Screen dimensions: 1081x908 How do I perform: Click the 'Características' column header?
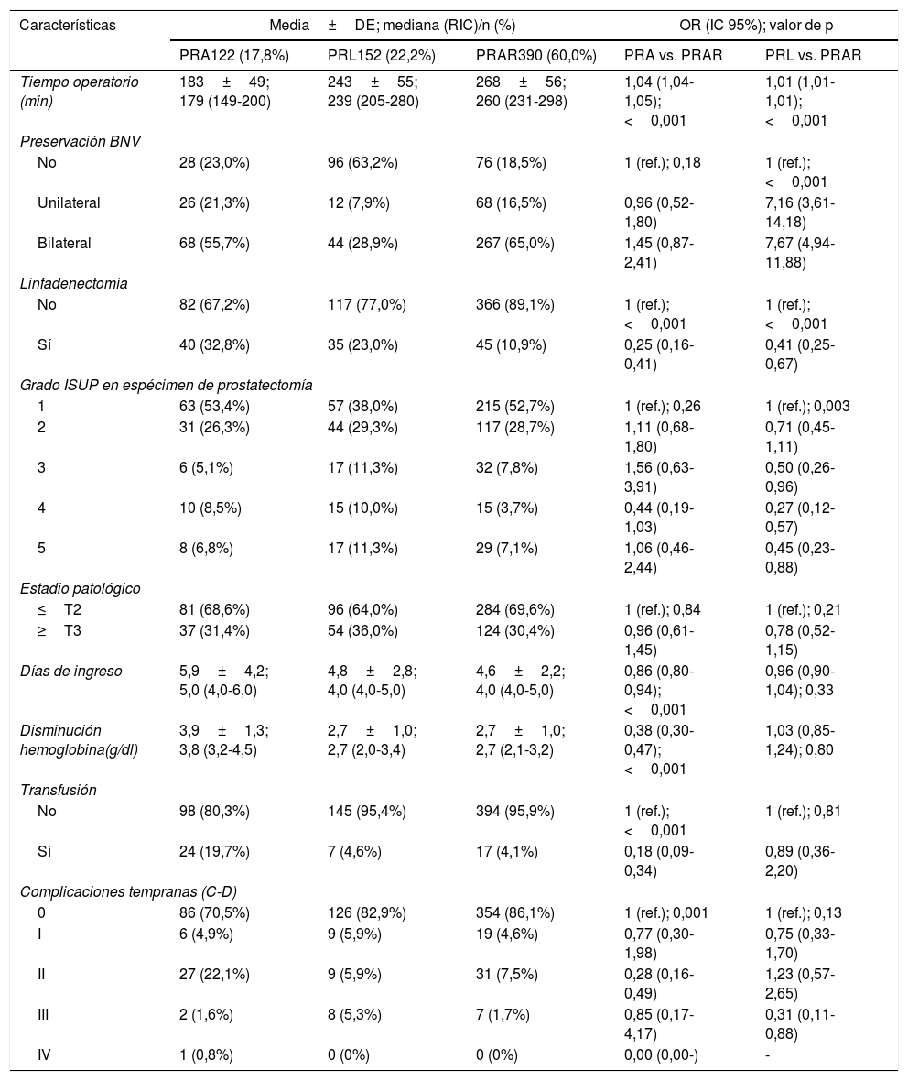[x=68, y=25]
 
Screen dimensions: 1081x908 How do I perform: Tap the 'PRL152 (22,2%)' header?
[x=381, y=55]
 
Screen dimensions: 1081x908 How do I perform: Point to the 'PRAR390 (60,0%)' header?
[x=535, y=55]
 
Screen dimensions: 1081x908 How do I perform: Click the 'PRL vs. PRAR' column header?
[x=813, y=55]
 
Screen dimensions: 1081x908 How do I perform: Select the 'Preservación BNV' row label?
[x=81, y=140]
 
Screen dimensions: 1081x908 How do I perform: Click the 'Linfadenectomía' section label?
[x=73, y=283]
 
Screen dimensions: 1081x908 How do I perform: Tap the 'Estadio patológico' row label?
[x=80, y=588]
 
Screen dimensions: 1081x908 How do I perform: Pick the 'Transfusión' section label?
[x=58, y=790]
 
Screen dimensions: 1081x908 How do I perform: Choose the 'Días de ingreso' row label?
[x=70, y=671]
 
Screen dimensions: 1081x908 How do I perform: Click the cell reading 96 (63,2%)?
[x=367, y=163]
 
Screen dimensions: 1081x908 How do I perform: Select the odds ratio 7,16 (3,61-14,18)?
[x=799, y=211]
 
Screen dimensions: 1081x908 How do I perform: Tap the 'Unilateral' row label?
[x=69, y=202]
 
